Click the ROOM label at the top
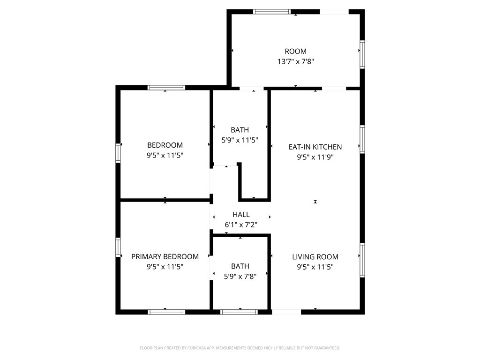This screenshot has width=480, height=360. (295, 52)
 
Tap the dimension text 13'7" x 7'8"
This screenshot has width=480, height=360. (295, 61)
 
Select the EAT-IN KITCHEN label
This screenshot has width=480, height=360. (315, 147)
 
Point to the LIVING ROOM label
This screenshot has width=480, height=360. (315, 257)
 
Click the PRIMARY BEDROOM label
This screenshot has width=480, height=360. (165, 256)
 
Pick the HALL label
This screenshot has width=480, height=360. (241, 215)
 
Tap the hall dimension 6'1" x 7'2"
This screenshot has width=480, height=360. (241, 225)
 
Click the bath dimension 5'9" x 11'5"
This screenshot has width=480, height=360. (240, 140)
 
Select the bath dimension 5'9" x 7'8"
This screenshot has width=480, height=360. (240, 277)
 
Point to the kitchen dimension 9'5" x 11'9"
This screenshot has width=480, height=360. (315, 157)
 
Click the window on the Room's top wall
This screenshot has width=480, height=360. (271, 12)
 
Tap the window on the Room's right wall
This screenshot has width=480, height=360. (362, 54)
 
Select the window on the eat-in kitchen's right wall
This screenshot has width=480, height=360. (362, 139)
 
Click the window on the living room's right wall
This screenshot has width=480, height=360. (362, 260)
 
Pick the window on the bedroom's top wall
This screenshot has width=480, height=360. (166, 88)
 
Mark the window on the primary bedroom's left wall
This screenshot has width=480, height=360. (118, 247)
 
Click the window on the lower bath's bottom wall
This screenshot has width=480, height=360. (239, 312)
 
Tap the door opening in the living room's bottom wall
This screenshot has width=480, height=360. (286, 312)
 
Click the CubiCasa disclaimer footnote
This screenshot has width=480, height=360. (240, 348)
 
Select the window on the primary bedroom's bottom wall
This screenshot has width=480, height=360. (166, 312)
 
